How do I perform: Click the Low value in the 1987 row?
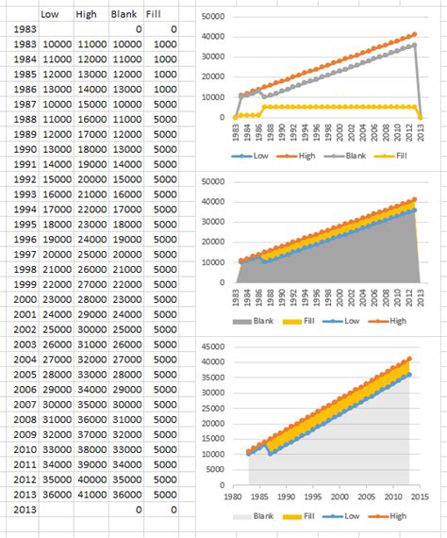pyautogui.click(x=57, y=103)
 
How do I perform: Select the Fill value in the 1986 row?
pyautogui.click(x=163, y=88)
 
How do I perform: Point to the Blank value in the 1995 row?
pyautogui.click(x=126, y=224)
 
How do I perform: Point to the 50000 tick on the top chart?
pyautogui.click(x=213, y=17)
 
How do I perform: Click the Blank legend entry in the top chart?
pyautogui.click(x=349, y=154)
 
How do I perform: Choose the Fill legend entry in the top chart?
pyautogui.click(x=396, y=154)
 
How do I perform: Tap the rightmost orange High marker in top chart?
pyautogui.click(x=413, y=35)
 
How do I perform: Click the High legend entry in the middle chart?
pyautogui.click(x=398, y=321)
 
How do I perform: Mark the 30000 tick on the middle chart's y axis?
pyautogui.click(x=213, y=221)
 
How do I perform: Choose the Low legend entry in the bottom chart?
pyautogui.click(x=347, y=515)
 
